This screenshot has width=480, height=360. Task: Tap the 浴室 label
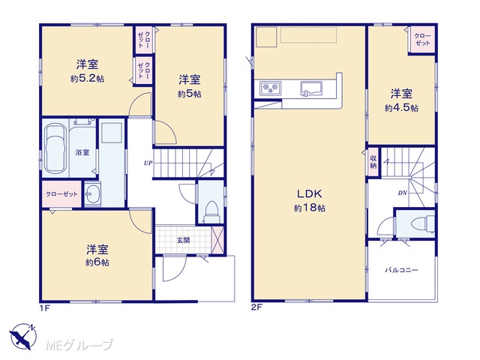pos(82,152)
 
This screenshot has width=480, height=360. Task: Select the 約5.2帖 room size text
pos(87,79)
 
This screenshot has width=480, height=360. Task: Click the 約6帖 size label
pos(97,262)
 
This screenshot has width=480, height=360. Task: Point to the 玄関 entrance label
pos(183,240)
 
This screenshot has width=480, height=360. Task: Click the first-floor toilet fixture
pos(211,211)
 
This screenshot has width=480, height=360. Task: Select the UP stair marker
pos(148,163)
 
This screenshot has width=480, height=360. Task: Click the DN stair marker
pos(403,193)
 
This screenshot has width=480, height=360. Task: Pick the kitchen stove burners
pos(271,88)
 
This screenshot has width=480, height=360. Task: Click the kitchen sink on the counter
pos(311,89)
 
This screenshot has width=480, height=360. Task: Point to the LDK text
pos(309,193)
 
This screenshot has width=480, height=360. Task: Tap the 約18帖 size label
pos(310,208)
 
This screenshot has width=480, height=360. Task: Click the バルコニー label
pos(402,270)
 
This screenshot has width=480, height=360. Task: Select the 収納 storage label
pos(373,162)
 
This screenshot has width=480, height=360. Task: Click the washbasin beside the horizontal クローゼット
pos(92,194)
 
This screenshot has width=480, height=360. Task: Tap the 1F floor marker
pos(45,307)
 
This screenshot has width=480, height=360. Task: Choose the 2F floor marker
pos(256,307)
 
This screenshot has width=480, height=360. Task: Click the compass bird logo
pos(22,337)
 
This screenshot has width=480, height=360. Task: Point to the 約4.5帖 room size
pos(401,108)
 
